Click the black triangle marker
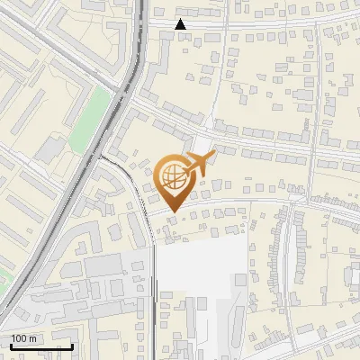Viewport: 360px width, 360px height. click(181, 24)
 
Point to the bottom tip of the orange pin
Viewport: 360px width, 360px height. click(172, 211)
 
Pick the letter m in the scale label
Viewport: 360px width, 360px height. click(32, 338)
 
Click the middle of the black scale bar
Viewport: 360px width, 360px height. click(41, 346)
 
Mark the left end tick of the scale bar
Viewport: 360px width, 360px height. click(11, 345)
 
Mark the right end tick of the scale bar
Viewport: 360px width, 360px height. click(72, 345)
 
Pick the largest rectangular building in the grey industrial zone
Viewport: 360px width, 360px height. click(103, 265)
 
